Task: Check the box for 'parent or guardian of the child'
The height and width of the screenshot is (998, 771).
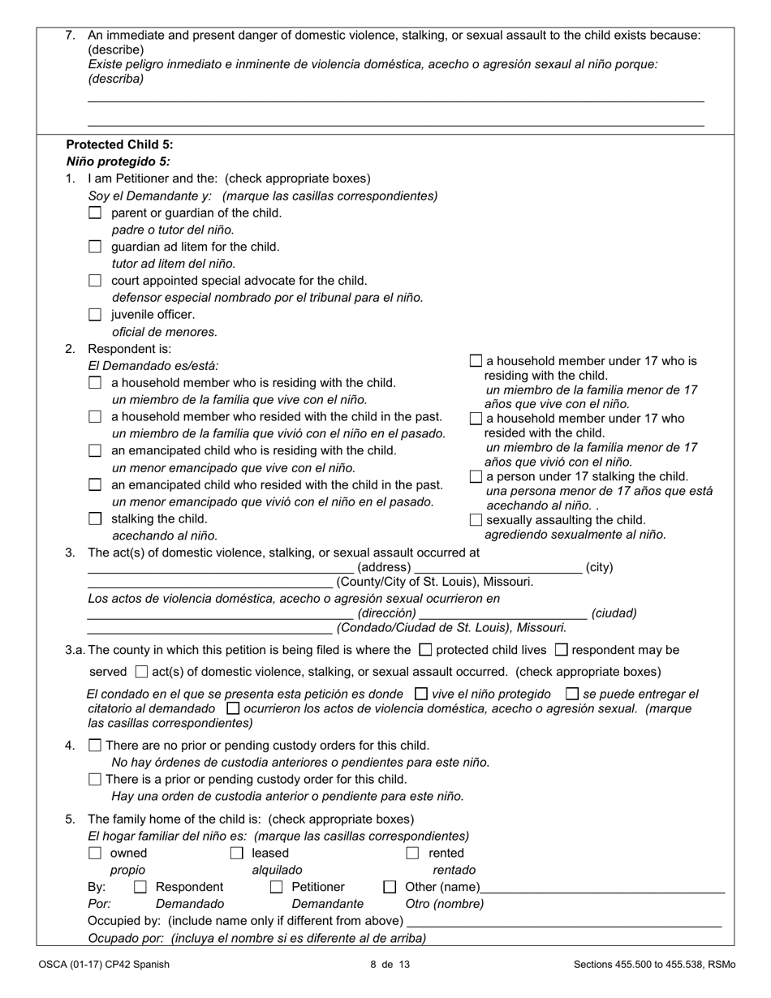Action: click(x=95, y=213)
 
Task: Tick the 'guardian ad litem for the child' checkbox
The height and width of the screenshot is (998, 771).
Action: click(x=95, y=247)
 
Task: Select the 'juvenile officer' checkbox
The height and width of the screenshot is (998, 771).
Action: click(x=95, y=315)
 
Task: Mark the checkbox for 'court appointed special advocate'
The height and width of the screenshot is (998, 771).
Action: click(x=95, y=281)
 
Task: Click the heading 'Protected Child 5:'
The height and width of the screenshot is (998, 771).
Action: click(x=119, y=144)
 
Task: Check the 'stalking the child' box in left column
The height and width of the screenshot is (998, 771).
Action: click(x=95, y=518)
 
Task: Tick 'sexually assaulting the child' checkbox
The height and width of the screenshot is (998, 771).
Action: click(x=476, y=519)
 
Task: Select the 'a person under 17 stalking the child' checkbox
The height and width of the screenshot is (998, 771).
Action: click(x=476, y=476)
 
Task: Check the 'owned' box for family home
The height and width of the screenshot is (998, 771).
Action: click(x=95, y=853)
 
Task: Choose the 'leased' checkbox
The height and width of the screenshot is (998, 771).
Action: click(x=236, y=853)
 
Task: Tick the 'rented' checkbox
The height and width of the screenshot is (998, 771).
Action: click(x=412, y=853)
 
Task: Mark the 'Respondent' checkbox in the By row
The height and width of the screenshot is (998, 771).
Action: click(x=140, y=887)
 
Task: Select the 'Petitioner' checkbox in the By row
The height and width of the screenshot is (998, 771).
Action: click(x=277, y=887)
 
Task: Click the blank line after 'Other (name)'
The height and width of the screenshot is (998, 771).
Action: click(x=602, y=888)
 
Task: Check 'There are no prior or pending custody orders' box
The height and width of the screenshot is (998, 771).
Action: click(x=95, y=745)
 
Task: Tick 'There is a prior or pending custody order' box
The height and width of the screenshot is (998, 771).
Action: click(x=95, y=779)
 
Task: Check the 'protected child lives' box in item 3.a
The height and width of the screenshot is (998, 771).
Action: click(x=425, y=649)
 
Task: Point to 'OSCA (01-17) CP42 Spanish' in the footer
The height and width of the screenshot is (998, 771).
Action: click(x=103, y=965)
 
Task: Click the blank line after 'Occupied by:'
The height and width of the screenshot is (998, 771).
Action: click(x=564, y=922)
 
